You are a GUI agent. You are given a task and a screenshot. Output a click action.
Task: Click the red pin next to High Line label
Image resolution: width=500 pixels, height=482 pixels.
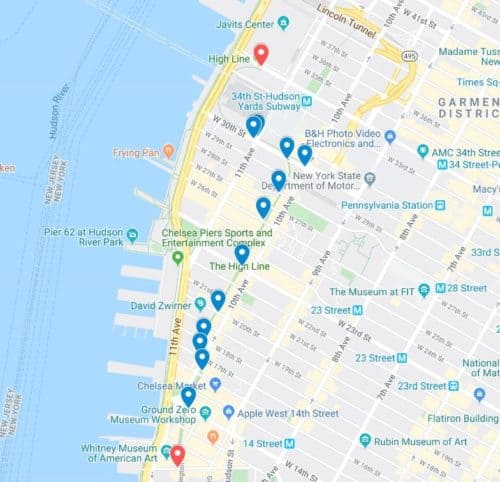tap(261, 54)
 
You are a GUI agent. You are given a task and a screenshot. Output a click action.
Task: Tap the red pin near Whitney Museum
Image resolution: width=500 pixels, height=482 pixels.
tap(177, 455)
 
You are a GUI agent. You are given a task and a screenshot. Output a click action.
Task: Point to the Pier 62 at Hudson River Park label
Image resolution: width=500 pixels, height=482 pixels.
tap(82, 236)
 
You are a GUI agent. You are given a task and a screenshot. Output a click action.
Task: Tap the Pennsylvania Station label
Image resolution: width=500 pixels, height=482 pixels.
tap(393, 206)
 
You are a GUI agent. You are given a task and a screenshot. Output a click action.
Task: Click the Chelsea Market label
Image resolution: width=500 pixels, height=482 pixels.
tap(172, 384)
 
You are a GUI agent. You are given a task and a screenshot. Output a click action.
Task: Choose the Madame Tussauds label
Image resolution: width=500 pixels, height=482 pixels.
tap(468, 52)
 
